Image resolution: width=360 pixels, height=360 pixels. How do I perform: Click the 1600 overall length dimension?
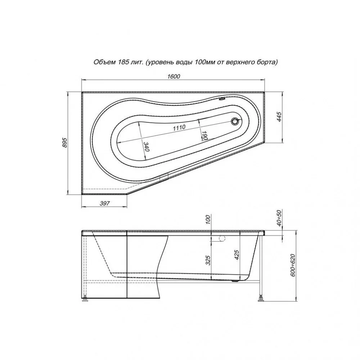(x=174, y=76)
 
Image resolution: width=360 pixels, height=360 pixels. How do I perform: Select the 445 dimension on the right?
(x=280, y=117)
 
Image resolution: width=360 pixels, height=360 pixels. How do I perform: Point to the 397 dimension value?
(x=105, y=203)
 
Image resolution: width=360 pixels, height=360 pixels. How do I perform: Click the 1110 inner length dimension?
(x=179, y=128)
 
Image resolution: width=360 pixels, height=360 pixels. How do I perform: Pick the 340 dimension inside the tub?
(x=147, y=147)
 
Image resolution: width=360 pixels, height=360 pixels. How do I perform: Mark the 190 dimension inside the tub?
(x=205, y=135)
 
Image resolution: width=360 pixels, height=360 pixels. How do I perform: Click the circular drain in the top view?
(x=235, y=121)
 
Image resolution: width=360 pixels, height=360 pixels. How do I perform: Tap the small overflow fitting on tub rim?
(x=222, y=99)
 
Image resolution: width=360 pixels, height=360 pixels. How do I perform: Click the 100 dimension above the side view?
(x=208, y=220)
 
